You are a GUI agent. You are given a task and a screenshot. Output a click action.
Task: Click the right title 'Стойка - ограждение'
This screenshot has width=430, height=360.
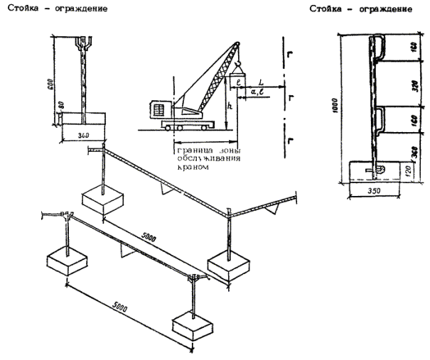point(362,9)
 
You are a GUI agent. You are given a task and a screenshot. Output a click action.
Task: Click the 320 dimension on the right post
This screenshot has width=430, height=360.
point(412,81)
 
